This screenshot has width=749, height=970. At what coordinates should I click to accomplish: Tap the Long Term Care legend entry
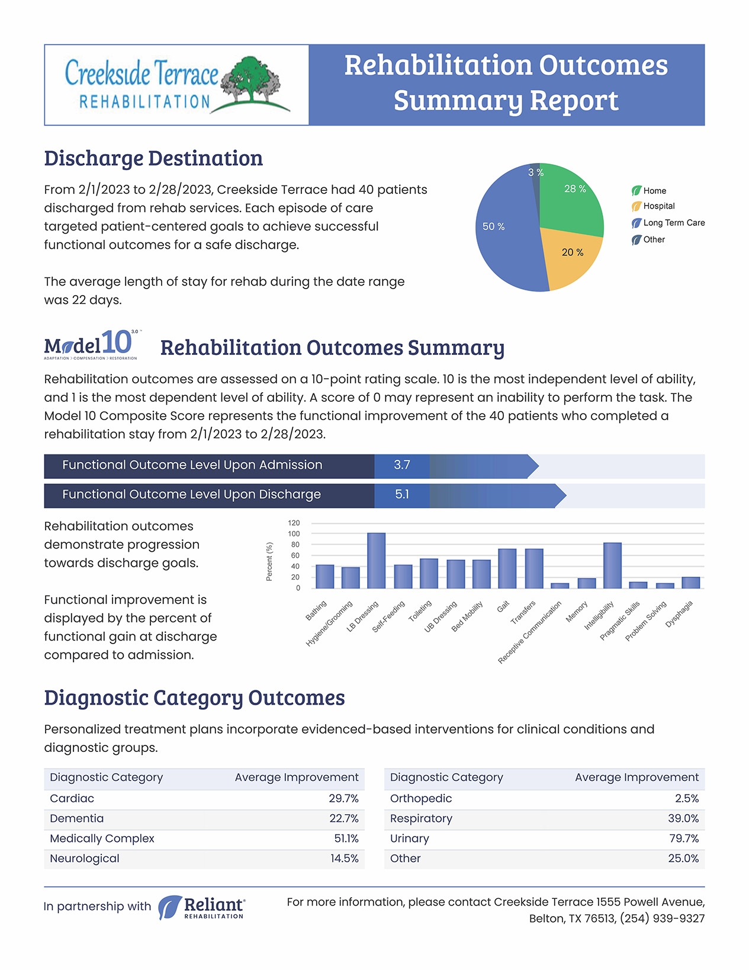668,223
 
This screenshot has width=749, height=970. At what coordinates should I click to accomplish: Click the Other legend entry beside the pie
648,240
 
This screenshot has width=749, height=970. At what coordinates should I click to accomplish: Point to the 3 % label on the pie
535,172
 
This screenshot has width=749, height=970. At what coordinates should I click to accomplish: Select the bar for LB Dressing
377,561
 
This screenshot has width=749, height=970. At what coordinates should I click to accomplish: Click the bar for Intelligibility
612,565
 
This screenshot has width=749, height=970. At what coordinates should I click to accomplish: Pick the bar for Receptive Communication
560,585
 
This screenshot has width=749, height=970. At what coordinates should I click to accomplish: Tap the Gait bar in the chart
507,569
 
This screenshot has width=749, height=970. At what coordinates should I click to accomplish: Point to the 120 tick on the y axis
294,523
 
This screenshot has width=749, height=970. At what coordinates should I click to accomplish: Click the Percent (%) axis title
269,562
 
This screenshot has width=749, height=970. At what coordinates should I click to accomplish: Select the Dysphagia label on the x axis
679,614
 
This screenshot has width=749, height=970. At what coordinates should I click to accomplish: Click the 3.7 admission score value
401,465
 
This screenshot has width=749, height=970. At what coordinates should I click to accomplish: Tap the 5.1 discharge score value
401,495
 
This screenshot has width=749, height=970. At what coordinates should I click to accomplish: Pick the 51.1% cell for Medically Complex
346,838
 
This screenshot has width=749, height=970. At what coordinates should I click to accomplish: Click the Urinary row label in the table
409,839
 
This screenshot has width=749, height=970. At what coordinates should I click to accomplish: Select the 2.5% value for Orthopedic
687,798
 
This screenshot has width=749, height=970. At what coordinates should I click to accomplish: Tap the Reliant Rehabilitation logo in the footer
201,908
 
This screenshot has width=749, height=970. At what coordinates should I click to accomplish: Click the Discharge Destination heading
153,158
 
